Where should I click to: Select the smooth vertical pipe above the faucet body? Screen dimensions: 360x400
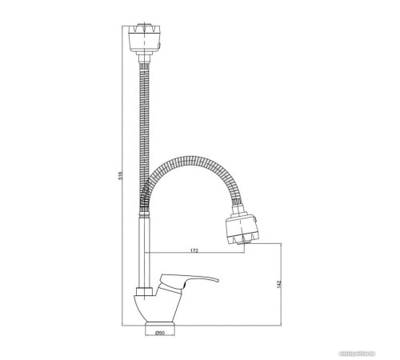point(146,248)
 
